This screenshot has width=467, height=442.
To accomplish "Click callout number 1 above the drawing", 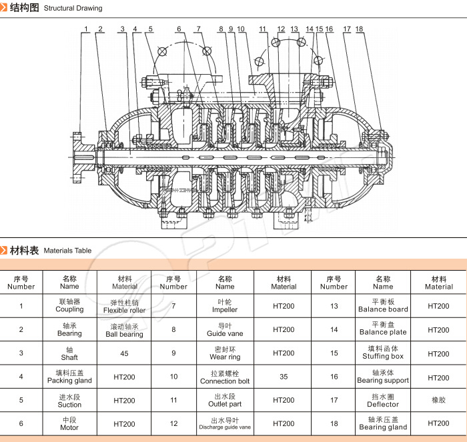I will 87,29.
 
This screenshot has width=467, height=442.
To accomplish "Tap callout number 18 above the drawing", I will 360,29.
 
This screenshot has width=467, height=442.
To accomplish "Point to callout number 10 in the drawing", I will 241,29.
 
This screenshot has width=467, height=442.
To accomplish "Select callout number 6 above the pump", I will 179,29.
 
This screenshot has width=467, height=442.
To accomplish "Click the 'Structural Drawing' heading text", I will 72,9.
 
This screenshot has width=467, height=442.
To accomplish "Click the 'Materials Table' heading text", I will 67,251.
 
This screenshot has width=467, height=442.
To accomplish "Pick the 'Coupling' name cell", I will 69,306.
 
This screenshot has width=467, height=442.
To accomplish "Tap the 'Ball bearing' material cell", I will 124,330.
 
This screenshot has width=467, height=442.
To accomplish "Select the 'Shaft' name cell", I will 69,353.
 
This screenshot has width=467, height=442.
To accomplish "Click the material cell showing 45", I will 124,353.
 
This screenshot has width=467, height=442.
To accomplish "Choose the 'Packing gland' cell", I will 69,377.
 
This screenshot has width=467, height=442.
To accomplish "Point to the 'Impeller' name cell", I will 225,306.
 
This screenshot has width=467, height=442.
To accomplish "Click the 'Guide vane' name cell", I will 225,330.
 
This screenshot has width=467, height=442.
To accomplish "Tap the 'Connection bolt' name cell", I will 225,377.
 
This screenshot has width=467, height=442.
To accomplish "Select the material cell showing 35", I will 284,377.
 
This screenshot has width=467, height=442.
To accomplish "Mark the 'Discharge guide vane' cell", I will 225,423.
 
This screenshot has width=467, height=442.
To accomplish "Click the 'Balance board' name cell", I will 383,306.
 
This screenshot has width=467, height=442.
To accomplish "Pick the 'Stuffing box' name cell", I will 383,353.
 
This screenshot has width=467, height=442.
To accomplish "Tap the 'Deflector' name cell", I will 383,401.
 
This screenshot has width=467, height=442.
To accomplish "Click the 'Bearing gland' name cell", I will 383,423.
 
